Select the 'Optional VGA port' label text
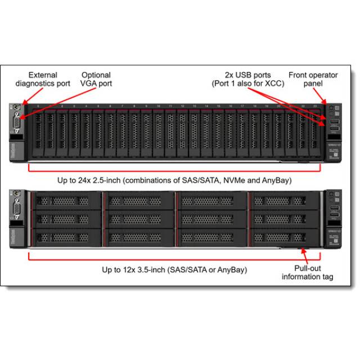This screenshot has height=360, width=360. [96, 79]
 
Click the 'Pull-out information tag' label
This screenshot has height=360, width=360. [307, 272]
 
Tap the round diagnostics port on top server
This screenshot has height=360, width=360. [17, 107]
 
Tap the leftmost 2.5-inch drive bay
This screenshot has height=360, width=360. [38, 133]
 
